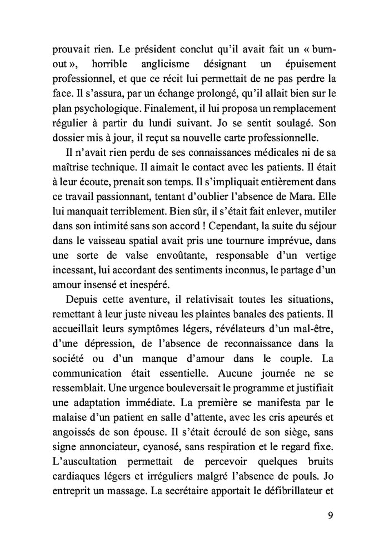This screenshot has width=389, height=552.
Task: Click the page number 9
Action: pyautogui.click(x=330, y=515)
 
